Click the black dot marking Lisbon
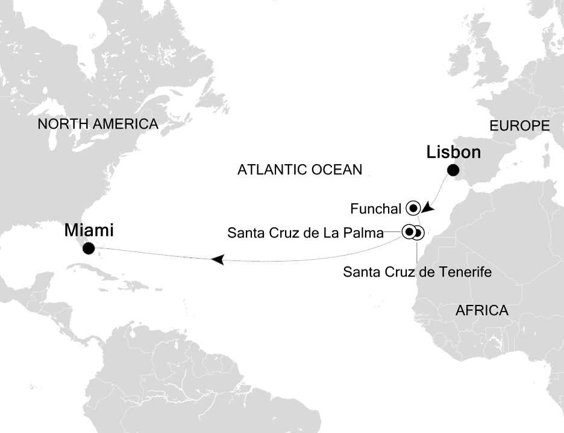pyautogui.click(x=452, y=170)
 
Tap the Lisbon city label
pyautogui.click(x=453, y=153)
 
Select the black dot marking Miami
pyautogui.click(x=89, y=247)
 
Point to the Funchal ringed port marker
pyautogui.click(x=413, y=208)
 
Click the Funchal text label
pyautogui.click(x=375, y=209)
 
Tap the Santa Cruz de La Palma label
pyautogui.click(x=305, y=233)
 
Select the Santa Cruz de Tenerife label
pyautogui.click(x=417, y=272)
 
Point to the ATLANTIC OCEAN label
pyautogui.click(x=299, y=170)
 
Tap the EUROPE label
pyautogui.click(x=519, y=126)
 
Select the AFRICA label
pyautogui.click(x=482, y=311)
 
